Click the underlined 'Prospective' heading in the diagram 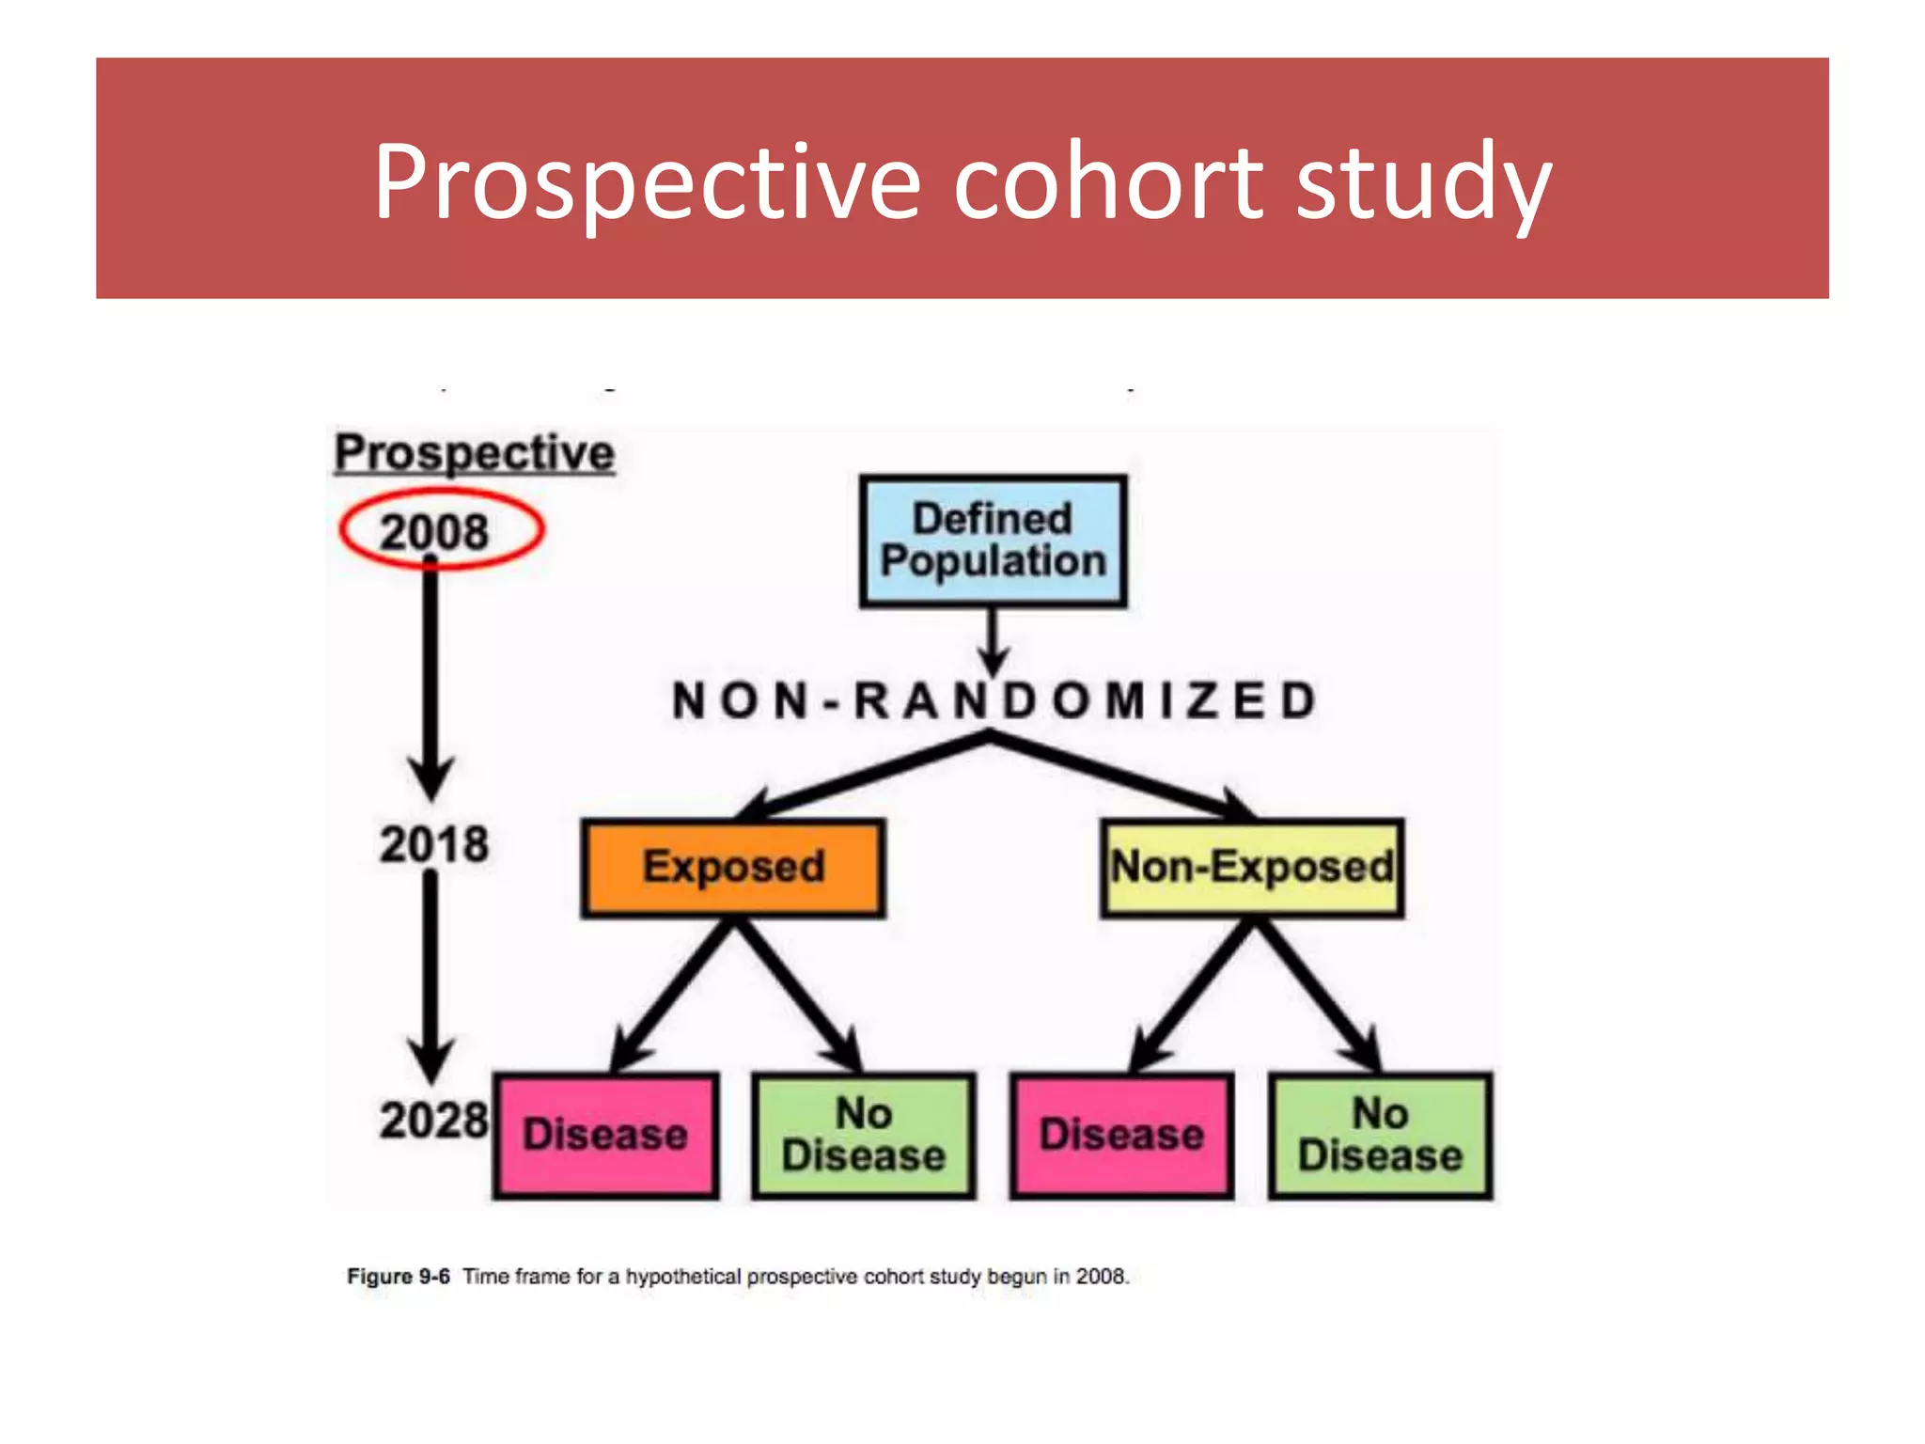click(x=475, y=453)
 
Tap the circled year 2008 click(x=435, y=532)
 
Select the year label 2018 click(x=434, y=844)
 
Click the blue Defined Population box click(x=993, y=541)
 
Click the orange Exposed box click(x=733, y=867)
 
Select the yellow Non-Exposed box click(x=1252, y=867)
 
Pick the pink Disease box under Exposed click(x=605, y=1135)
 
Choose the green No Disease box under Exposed click(x=863, y=1135)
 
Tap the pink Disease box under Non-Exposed click(x=1121, y=1135)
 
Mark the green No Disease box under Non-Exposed click(x=1380, y=1135)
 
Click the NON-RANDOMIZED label click(x=994, y=701)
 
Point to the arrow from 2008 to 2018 click(x=430, y=677)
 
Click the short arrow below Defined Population click(x=993, y=639)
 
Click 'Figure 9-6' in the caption click(x=399, y=1277)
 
